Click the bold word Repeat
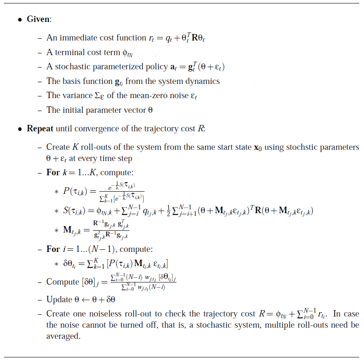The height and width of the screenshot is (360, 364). (x=40, y=128)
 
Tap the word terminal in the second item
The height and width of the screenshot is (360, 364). (x=67, y=52)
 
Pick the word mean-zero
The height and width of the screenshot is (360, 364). (x=154, y=96)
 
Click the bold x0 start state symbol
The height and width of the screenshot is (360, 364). (x=256, y=148)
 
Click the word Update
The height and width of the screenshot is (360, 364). (x=58, y=299)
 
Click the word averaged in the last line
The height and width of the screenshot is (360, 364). (x=63, y=335)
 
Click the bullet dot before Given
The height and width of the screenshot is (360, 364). (x=20, y=20)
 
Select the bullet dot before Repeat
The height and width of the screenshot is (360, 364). (x=20, y=129)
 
